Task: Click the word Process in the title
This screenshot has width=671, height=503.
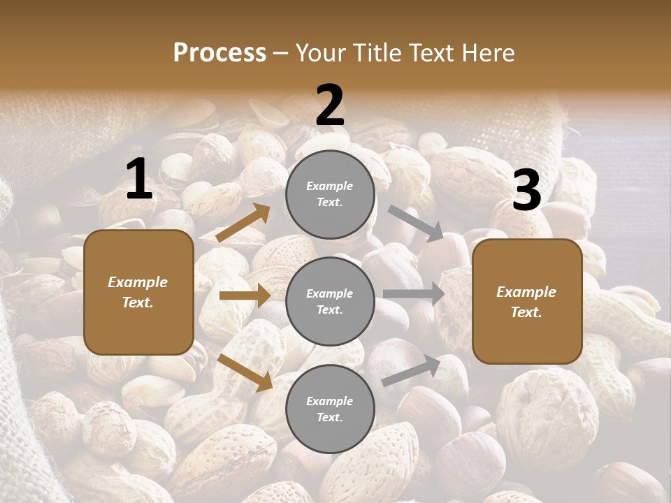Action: coord(219,52)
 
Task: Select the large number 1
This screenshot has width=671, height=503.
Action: coord(139,180)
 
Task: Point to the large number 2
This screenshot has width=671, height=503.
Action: coord(330,105)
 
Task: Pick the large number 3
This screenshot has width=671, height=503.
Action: coord(526,191)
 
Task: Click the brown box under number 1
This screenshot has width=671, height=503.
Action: coord(138,292)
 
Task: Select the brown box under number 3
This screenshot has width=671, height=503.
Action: coord(527,302)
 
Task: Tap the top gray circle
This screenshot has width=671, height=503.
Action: coord(330,194)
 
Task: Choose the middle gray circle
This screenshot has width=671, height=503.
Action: coord(330,301)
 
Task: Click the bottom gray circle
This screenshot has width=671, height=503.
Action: coord(330,409)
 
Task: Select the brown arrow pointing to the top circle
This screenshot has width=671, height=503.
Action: coord(243,223)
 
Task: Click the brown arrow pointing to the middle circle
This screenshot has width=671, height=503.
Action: coord(245,296)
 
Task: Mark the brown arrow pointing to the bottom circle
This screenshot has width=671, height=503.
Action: coord(245,372)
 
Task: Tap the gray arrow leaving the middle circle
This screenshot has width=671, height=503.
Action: coord(414,294)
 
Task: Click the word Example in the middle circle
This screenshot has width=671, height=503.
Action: coord(330,293)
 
